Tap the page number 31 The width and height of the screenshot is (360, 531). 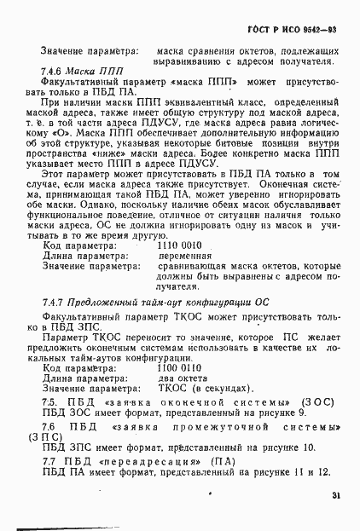click(337, 495)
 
